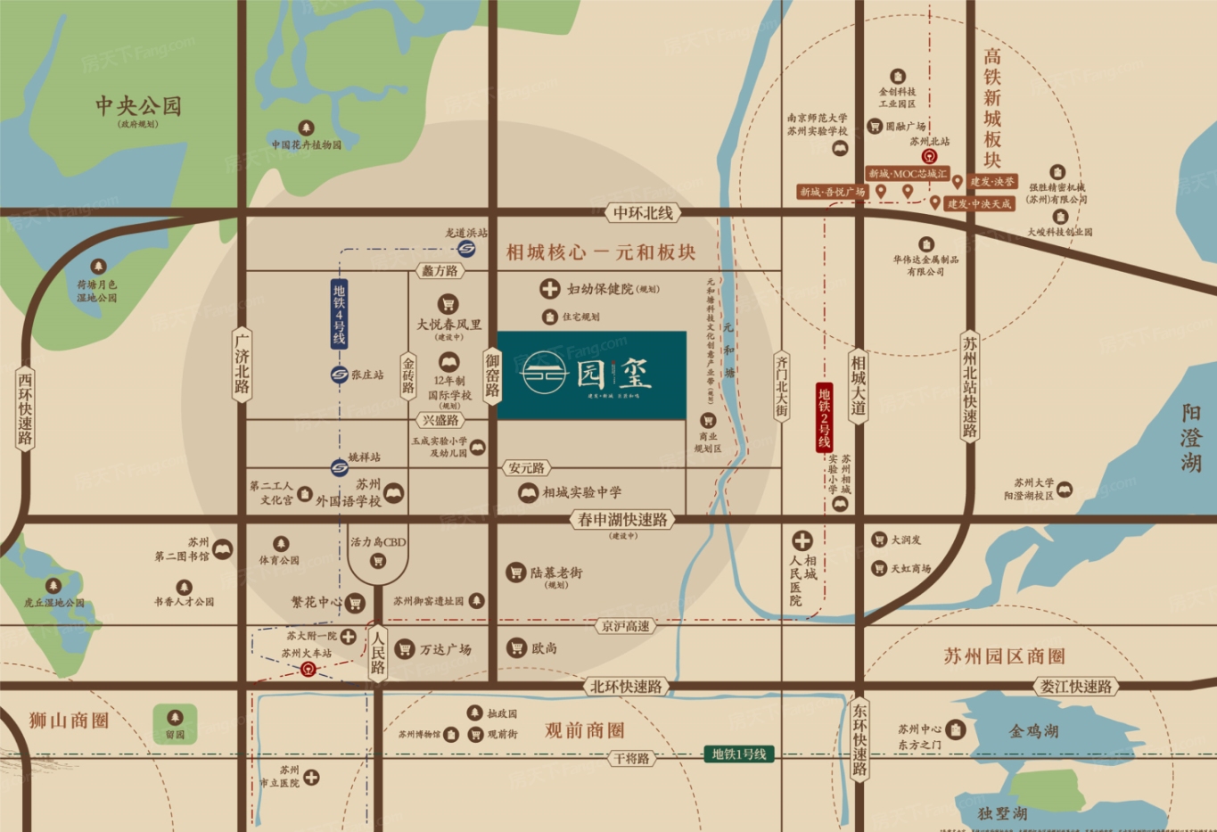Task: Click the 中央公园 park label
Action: [138, 107]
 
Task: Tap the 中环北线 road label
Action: [643, 213]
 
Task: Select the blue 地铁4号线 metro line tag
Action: [339, 314]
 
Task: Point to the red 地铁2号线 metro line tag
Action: [824, 417]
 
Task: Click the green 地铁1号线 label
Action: [738, 754]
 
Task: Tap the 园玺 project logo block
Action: [591, 375]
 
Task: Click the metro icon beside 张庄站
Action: [339, 375]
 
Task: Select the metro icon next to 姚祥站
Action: [339, 465]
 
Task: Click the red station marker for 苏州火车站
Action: [308, 670]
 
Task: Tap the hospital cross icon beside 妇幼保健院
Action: [549, 289]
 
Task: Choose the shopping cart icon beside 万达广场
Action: [405, 649]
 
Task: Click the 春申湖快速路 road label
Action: [622, 519]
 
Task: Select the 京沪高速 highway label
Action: [625, 627]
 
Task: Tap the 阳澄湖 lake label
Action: [1191, 438]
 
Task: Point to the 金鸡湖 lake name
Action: [1033, 731]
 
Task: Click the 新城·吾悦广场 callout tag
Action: [832, 192]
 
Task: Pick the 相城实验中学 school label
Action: [582, 492]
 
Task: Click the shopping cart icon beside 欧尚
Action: [516, 648]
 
